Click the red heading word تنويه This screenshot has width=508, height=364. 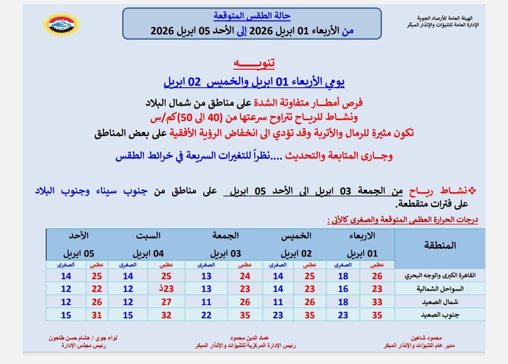(254, 63)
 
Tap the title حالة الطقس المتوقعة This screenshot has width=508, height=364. (252, 16)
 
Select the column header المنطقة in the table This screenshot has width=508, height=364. (440, 245)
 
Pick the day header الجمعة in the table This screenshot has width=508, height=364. (226, 235)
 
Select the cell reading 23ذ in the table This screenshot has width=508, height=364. (166, 289)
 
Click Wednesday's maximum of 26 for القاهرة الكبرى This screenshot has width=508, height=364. (377, 276)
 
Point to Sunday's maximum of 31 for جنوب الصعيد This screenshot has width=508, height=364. (96, 315)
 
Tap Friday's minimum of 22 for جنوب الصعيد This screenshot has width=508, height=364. (206, 315)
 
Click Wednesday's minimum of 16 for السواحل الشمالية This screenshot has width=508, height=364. (343, 289)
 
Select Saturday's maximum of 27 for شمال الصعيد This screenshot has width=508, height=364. (166, 302)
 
